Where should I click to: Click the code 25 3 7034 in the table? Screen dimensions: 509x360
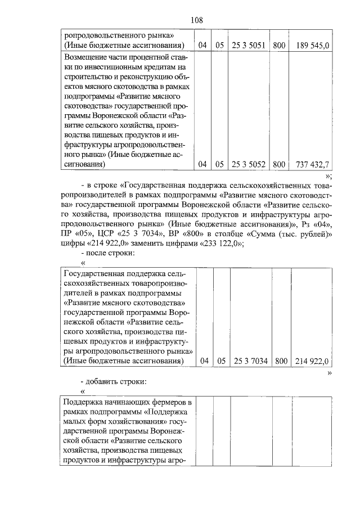pos(250,361)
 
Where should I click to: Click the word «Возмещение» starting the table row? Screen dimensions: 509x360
pos(87,57)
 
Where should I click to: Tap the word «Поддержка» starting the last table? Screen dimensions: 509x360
pos(86,403)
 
